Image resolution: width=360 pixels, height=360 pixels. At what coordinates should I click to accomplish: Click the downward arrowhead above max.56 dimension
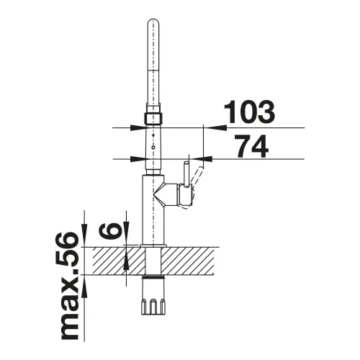[x=85, y=239]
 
